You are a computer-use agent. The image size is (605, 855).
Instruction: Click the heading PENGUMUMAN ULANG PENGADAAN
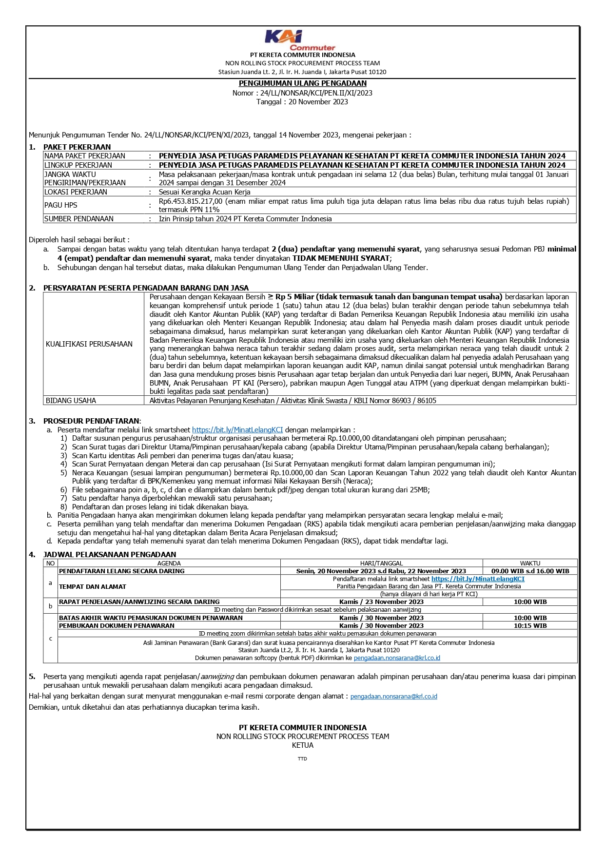pos(302,83)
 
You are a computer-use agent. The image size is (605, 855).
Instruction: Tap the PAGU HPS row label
pos(61,205)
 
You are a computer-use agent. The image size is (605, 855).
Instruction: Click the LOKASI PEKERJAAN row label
pos(76,192)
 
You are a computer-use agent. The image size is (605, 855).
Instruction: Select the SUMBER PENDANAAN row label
pos(79,219)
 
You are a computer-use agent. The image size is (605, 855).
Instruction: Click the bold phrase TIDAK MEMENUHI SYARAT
pos(341,258)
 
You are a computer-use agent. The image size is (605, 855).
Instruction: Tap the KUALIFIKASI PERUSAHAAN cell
pos(89,344)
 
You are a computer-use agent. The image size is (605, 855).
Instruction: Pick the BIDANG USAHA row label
pos(71,401)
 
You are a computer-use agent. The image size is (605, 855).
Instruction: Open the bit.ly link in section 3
pos(237,430)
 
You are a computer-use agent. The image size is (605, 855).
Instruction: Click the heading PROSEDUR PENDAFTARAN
pos(91,421)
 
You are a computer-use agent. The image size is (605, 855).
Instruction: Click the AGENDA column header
pos(169,563)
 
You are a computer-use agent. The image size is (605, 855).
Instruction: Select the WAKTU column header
pos(530,563)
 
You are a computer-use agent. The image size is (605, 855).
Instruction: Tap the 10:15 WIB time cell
pos(530,625)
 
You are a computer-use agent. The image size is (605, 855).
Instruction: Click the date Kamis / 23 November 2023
pos(381,602)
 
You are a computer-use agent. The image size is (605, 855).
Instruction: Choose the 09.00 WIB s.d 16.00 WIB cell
pos(530,571)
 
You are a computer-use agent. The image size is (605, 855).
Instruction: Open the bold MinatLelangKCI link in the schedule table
pos(478,579)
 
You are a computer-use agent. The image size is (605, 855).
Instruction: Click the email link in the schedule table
pos(397,658)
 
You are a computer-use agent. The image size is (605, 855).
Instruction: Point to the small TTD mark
pos(302,759)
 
